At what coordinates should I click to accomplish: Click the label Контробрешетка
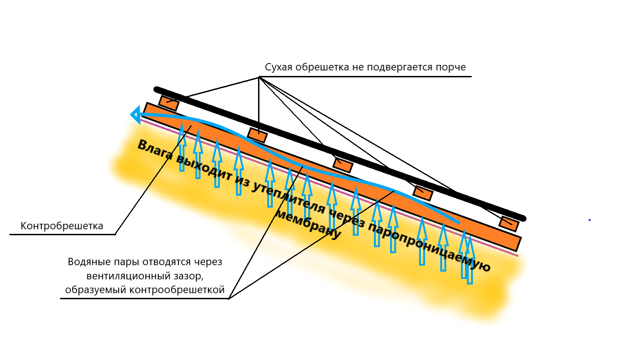[x=62, y=226]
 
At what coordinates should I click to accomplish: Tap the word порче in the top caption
[x=453, y=68]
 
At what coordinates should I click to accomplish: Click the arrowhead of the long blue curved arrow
[x=135, y=115]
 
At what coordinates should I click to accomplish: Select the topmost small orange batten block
[x=169, y=103]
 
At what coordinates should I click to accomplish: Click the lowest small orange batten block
[x=509, y=224]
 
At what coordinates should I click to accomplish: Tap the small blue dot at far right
[x=589, y=220]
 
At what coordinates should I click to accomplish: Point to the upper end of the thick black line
[x=157, y=89]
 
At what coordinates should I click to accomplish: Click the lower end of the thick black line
[x=523, y=218]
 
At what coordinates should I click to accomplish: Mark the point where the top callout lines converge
[x=259, y=77]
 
